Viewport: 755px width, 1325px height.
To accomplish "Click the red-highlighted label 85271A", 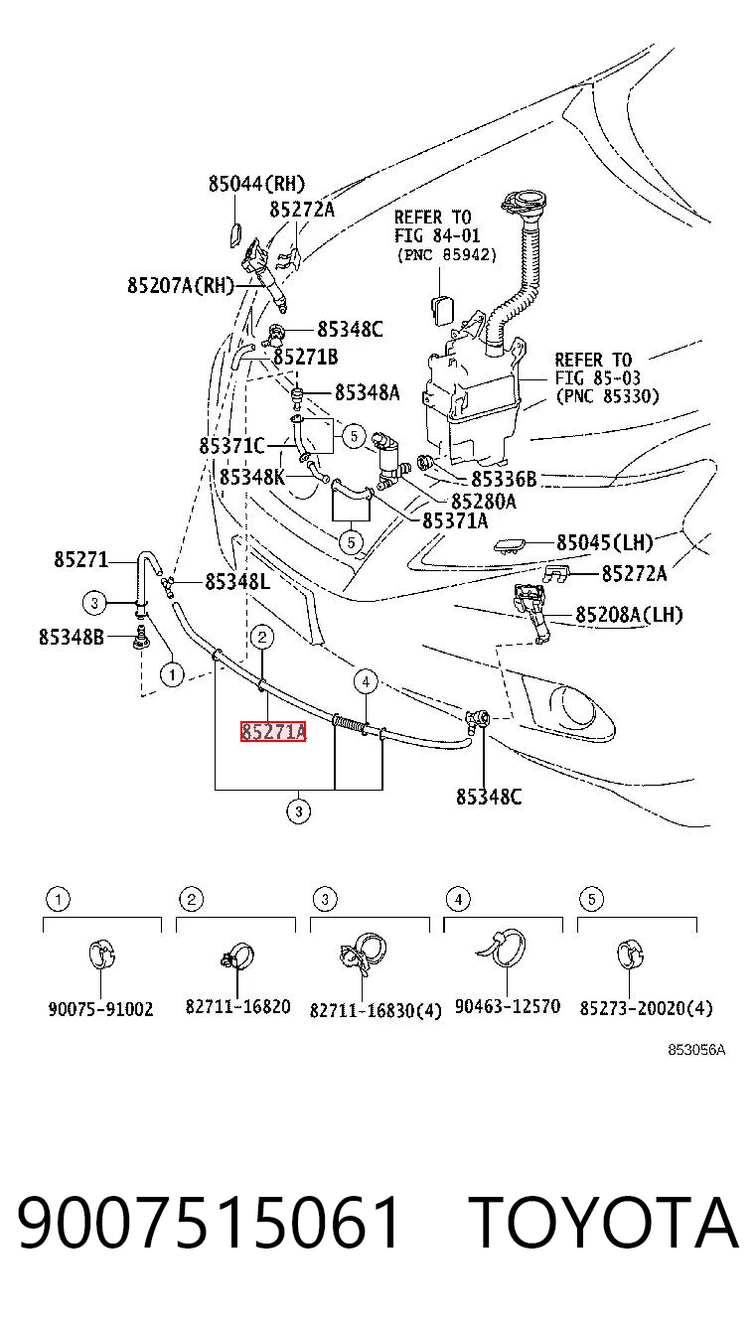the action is [x=273, y=732].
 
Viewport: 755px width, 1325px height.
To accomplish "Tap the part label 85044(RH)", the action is [x=256, y=184].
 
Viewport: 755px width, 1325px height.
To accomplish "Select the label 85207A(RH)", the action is [x=181, y=286].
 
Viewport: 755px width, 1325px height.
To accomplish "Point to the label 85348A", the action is [x=367, y=392].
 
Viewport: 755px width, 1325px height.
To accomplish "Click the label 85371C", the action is [x=231, y=445].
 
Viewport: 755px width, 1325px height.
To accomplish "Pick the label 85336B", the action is [x=504, y=479].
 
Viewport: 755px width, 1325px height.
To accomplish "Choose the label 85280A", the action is [x=484, y=502].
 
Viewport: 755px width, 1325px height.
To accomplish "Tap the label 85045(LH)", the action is [x=604, y=542].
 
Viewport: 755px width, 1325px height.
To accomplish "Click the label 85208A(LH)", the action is [x=629, y=615].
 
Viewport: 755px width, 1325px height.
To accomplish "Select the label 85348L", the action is [x=237, y=582].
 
